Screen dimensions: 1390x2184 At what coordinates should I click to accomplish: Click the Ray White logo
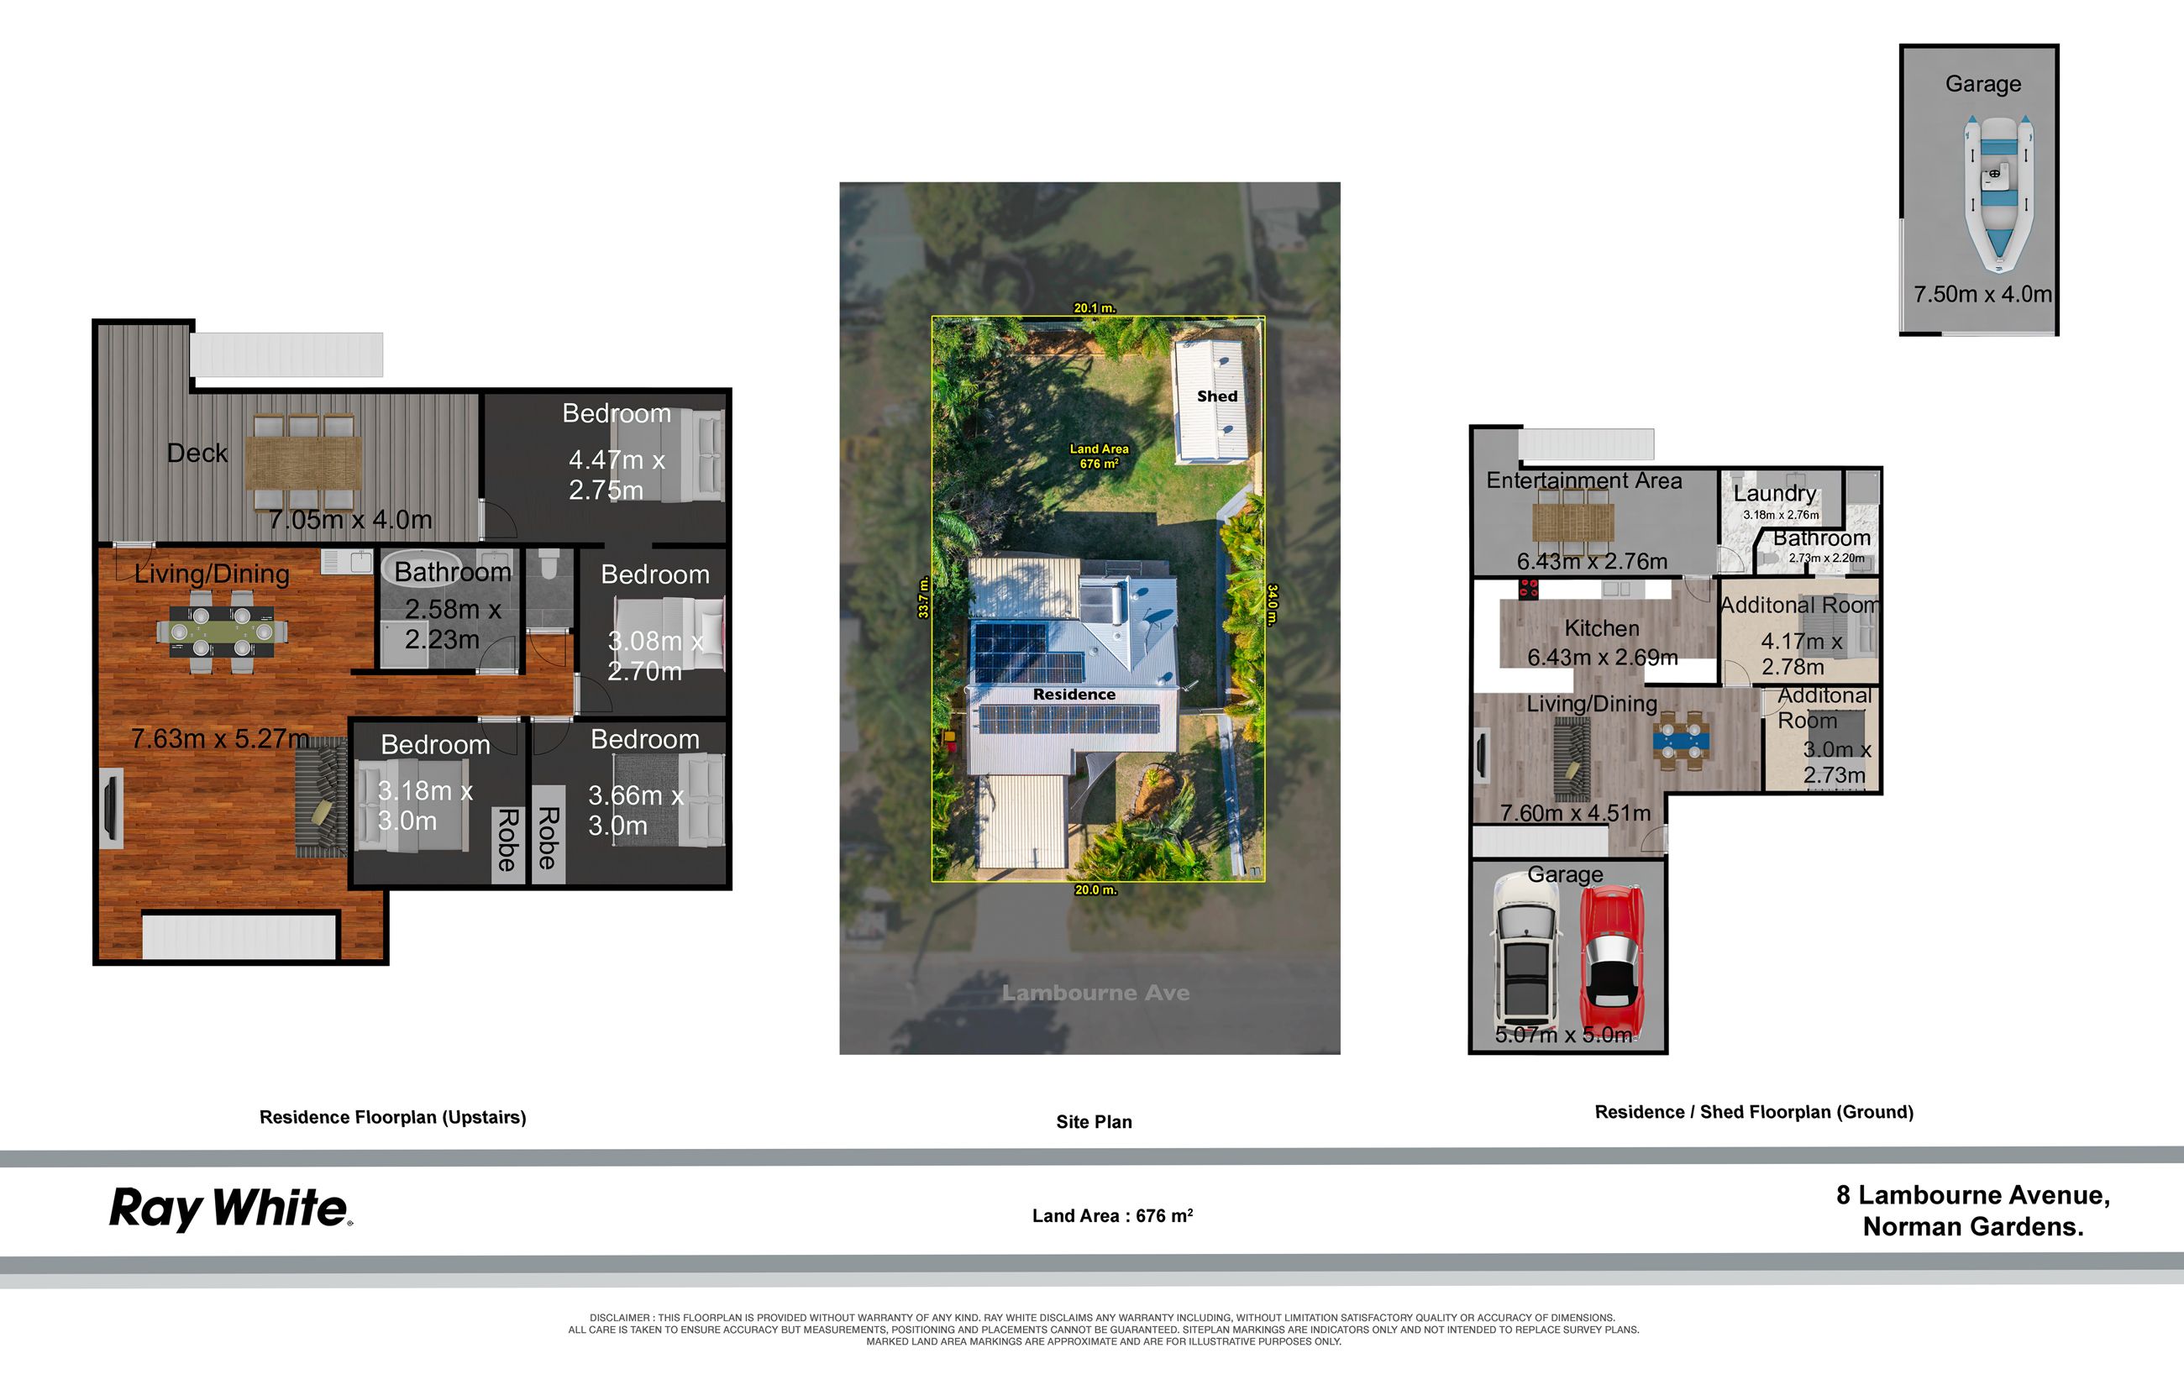coord(230,1209)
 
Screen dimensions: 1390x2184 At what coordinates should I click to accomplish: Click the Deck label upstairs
coord(197,454)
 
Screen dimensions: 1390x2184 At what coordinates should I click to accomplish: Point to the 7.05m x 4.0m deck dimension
coord(350,521)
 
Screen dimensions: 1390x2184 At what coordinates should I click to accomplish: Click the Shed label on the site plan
coord(1216,396)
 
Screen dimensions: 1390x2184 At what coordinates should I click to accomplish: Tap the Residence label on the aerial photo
coord(1074,695)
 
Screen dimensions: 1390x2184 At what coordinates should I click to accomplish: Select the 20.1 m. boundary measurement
coord(1094,308)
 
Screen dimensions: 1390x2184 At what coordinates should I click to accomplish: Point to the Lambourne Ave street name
coord(1095,993)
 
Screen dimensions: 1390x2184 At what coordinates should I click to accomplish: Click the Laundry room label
coord(1774,493)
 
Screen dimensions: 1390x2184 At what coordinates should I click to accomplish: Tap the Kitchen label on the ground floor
coord(1601,628)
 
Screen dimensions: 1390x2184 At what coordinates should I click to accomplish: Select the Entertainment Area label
coord(1583,480)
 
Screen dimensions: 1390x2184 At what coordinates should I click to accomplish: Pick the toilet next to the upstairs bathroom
coord(548,567)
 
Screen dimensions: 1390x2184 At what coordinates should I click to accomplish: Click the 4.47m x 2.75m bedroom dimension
coord(617,475)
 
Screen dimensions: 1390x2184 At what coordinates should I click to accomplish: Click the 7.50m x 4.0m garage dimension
coord(1982,295)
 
